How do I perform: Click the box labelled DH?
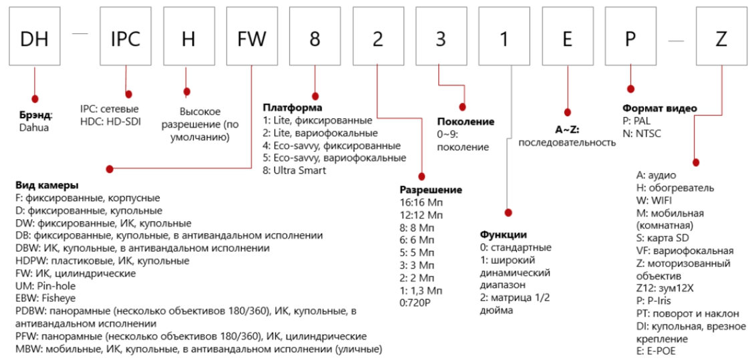pos(33,39)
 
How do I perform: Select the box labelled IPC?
pos(125,39)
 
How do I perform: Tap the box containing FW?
pos(252,39)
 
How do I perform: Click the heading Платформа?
pos(292,108)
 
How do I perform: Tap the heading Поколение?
pos(465,122)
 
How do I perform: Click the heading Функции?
pos(504,234)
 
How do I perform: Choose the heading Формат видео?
pos(659,108)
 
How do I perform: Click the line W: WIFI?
pos(656,200)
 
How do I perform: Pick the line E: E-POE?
pos(656,351)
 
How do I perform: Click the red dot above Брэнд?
pos(33,98)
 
